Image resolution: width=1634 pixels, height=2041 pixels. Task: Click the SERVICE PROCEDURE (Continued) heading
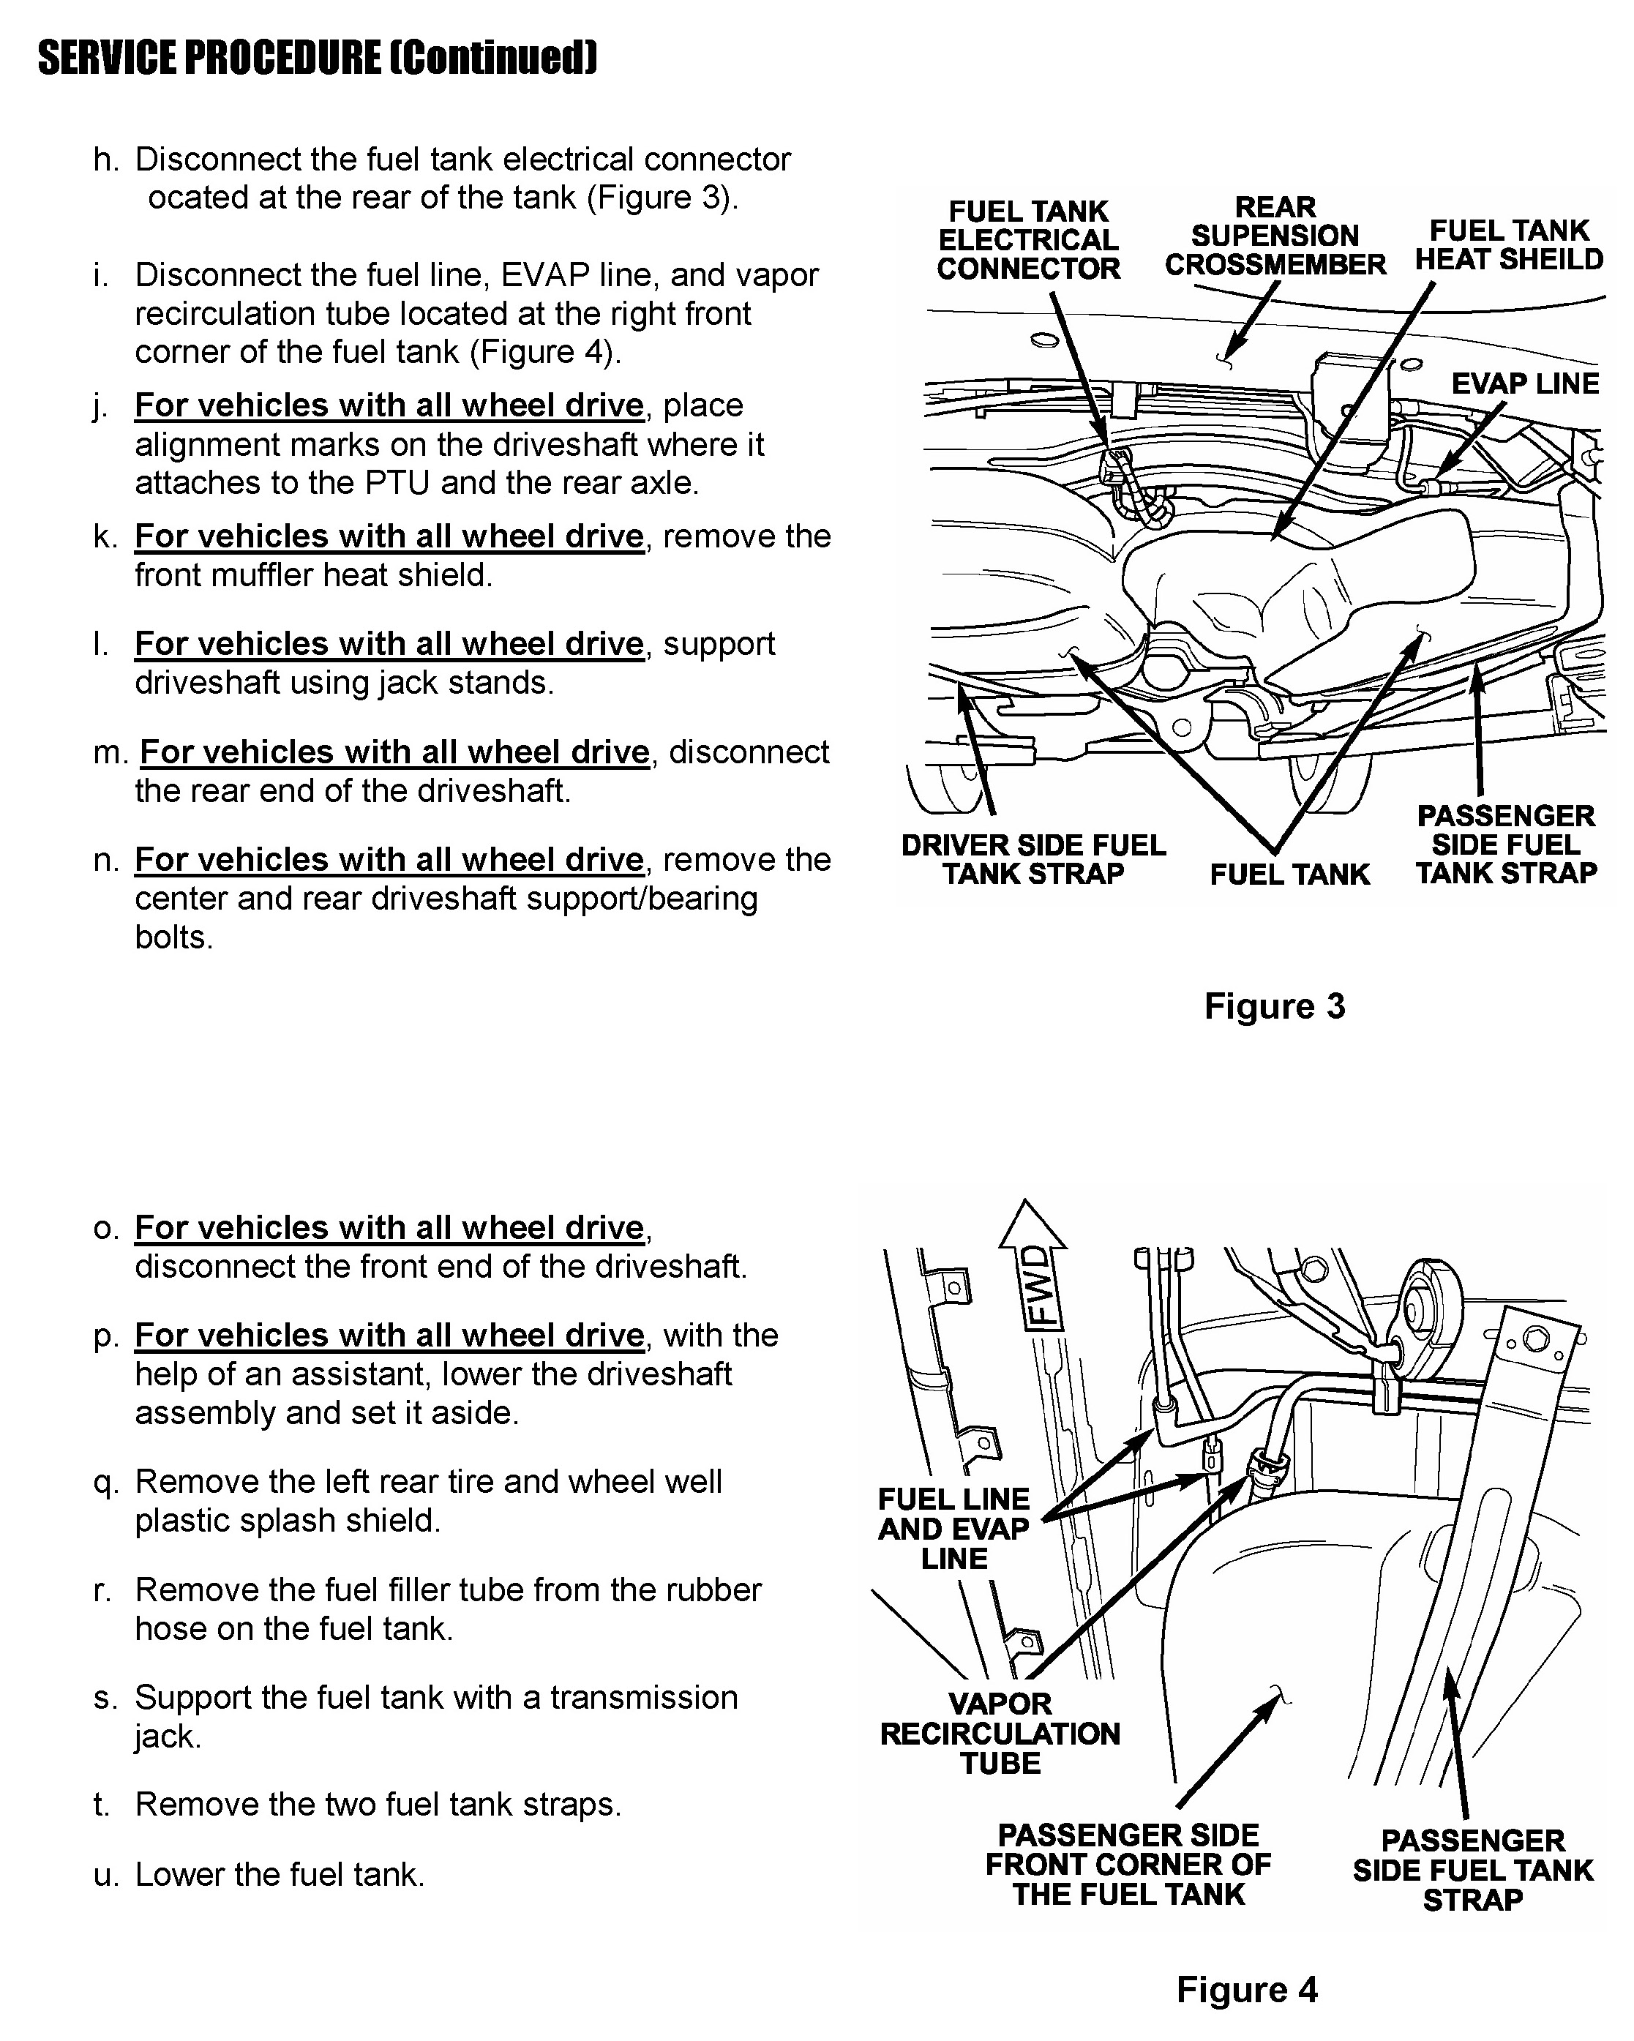(x=317, y=59)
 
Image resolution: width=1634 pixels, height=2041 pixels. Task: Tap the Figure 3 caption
(x=1274, y=1006)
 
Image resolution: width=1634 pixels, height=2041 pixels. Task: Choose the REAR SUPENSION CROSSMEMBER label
(x=1275, y=236)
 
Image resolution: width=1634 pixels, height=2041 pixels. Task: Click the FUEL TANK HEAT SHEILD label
(x=1509, y=245)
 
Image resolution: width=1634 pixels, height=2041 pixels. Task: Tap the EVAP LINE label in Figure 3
(x=1525, y=383)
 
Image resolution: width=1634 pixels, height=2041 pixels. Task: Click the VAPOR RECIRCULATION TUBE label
(x=1000, y=1734)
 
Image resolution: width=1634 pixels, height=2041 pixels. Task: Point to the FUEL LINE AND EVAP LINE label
(x=953, y=1529)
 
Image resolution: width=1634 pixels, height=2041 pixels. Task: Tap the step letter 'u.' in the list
(x=105, y=1874)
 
